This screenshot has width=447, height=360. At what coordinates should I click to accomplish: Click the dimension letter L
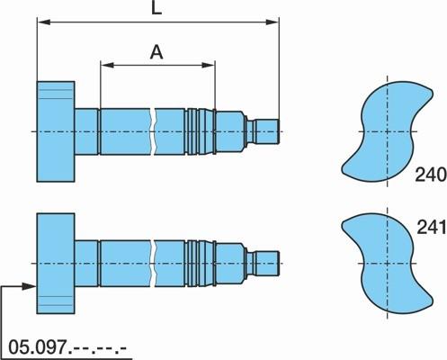point(156,8)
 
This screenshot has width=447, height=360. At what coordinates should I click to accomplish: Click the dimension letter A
point(156,52)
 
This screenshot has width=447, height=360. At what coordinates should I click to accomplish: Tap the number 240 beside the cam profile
point(431,175)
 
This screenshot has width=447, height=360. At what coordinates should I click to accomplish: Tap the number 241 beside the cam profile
point(432,227)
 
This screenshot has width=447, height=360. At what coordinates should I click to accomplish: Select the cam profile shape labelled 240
point(387,131)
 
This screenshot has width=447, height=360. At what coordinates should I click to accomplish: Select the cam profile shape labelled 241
point(387,264)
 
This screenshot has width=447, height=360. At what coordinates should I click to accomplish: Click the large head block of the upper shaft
point(56,131)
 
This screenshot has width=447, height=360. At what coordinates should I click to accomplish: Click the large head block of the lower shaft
point(56,264)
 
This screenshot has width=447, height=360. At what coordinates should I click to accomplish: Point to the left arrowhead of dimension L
point(43,22)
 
